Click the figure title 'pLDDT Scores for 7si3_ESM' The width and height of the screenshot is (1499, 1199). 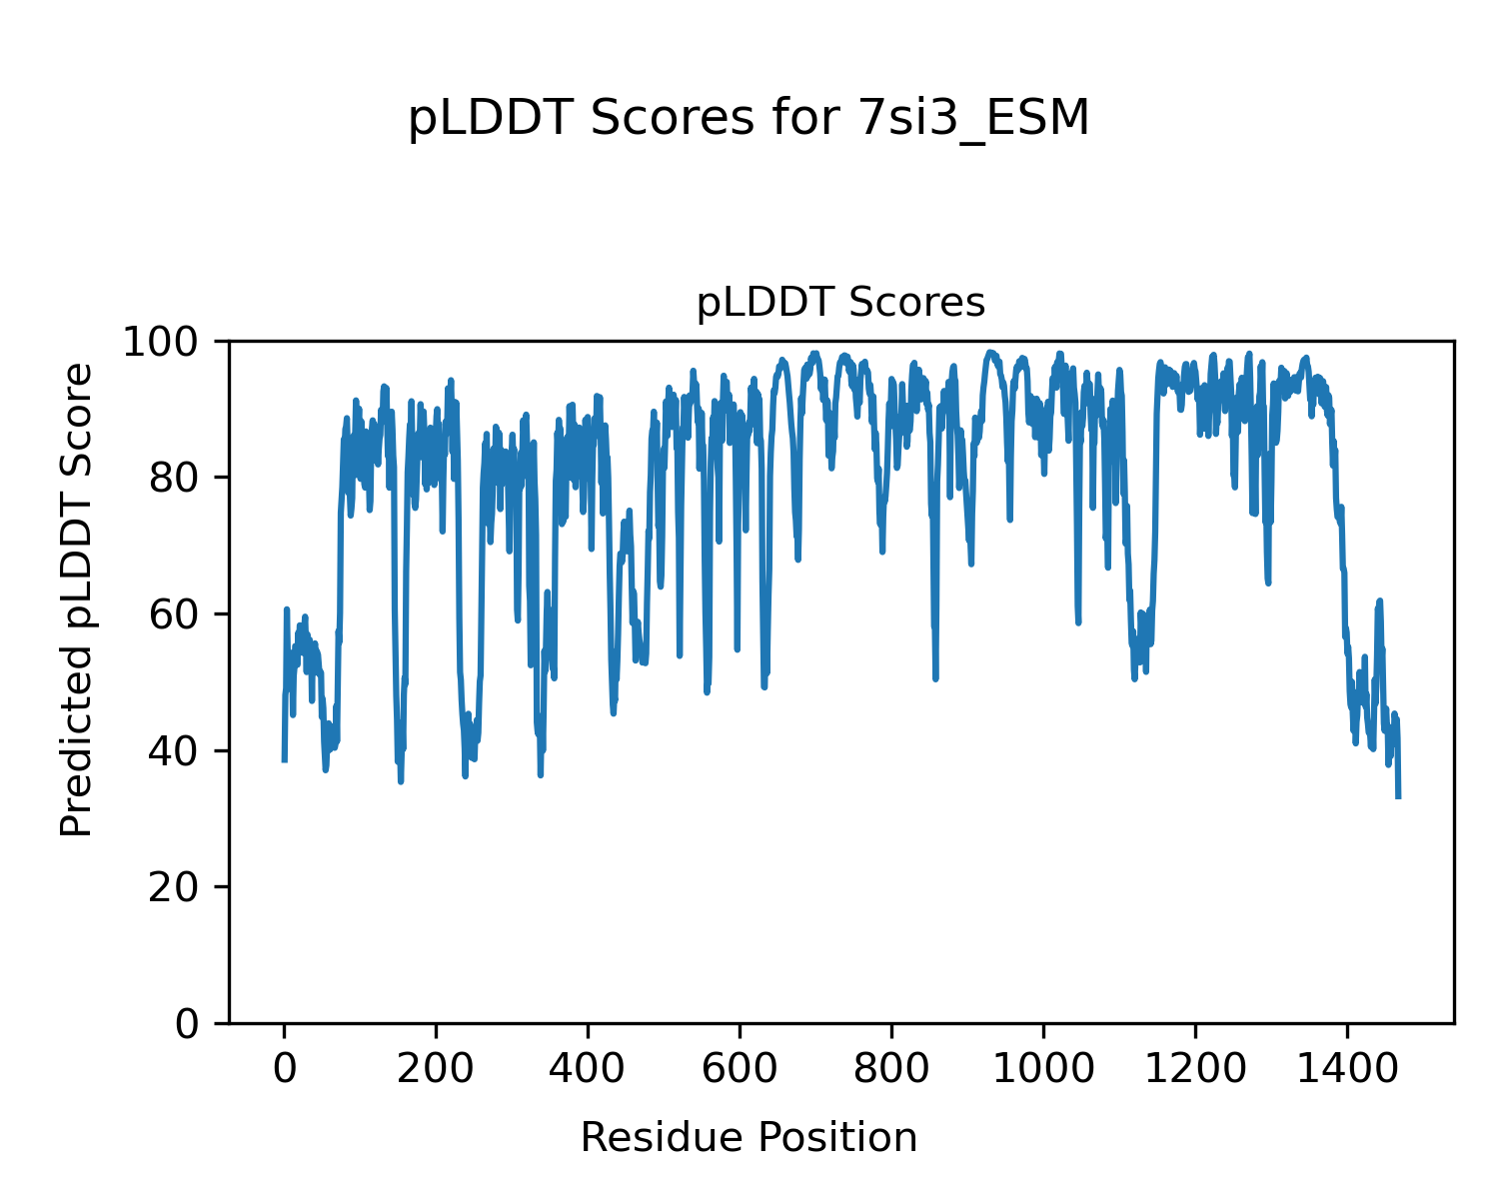pyautogui.click(x=749, y=119)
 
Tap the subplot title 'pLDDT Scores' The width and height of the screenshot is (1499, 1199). pyautogui.click(x=840, y=303)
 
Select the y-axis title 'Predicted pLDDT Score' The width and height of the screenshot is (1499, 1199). pyautogui.click(x=77, y=599)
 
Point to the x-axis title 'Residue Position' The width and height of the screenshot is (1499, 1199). pyautogui.click(x=749, y=1138)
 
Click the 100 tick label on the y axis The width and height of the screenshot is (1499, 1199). pyautogui.click(x=162, y=342)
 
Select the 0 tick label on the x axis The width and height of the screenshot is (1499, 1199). pyautogui.click(x=285, y=1069)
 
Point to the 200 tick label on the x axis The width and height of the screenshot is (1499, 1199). pyautogui.click(x=437, y=1069)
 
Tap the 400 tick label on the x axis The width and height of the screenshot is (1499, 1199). pyautogui.click(x=589, y=1069)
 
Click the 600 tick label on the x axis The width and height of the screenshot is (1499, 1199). pyautogui.click(x=740, y=1069)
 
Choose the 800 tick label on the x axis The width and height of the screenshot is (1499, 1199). pyautogui.click(x=891, y=1069)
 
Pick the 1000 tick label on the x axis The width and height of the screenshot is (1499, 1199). pyautogui.click(x=1043, y=1069)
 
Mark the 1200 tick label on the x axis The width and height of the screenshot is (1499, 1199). pyautogui.click(x=1195, y=1069)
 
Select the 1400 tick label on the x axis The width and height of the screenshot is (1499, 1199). pyautogui.click(x=1347, y=1069)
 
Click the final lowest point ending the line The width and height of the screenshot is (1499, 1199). pyautogui.click(x=1398, y=796)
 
